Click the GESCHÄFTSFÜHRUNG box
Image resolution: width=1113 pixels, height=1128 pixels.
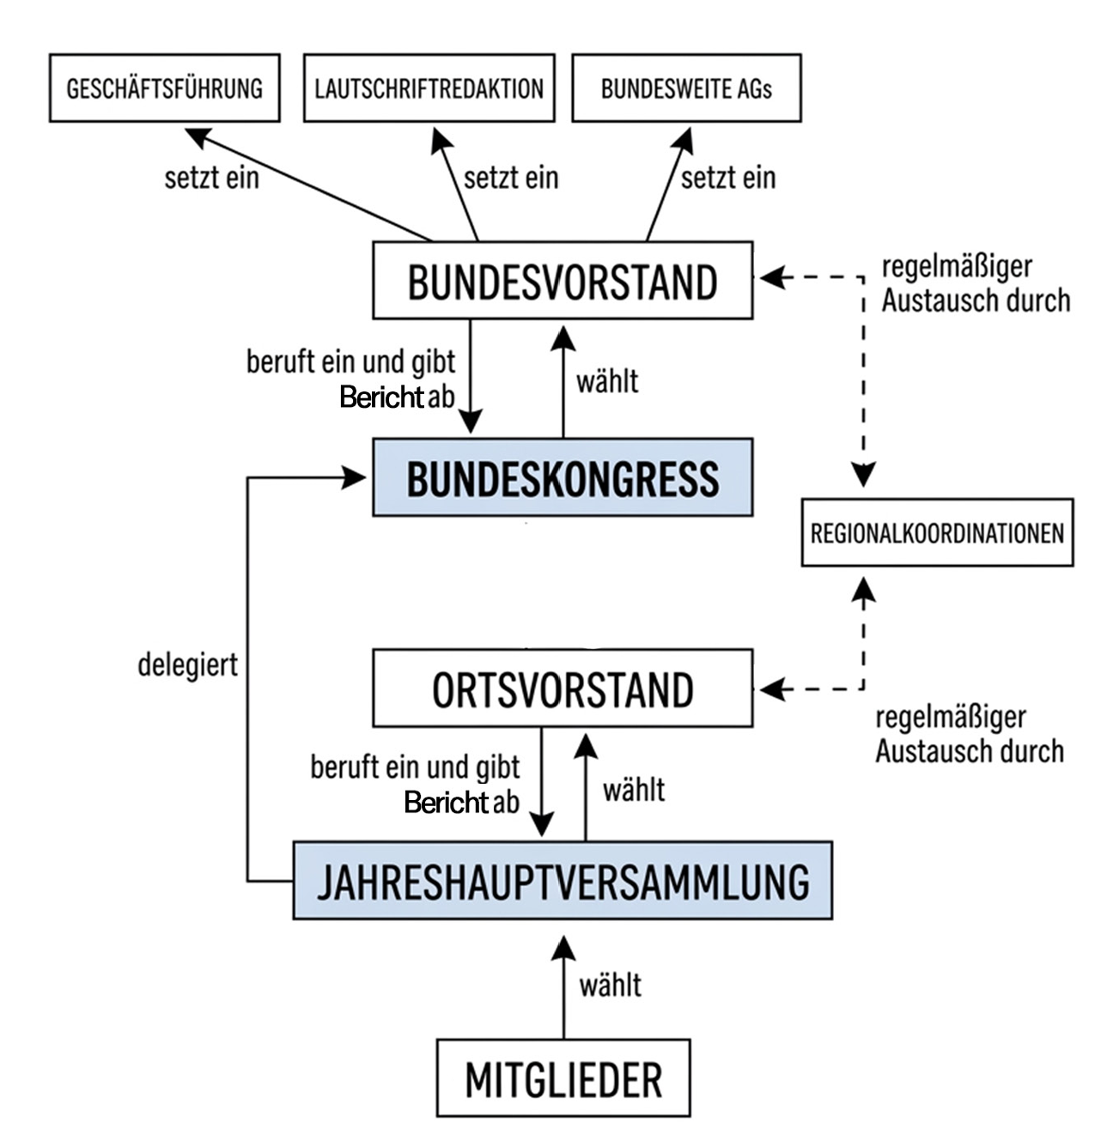(x=165, y=88)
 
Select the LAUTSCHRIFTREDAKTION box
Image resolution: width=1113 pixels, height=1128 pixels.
(x=429, y=88)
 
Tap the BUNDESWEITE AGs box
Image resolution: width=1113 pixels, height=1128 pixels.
(x=686, y=88)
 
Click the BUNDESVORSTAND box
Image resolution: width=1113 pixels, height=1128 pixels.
(x=563, y=281)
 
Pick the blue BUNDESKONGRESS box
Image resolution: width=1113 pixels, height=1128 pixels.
(x=563, y=477)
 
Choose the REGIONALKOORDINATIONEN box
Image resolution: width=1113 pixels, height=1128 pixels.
(x=937, y=533)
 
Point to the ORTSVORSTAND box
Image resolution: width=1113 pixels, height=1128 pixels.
(x=563, y=688)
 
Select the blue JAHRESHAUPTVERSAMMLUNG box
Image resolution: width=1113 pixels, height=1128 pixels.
(x=563, y=881)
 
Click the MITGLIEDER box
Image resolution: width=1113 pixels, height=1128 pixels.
(x=563, y=1078)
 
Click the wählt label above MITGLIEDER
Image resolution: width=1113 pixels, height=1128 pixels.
(x=611, y=985)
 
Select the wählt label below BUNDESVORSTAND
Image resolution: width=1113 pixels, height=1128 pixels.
(x=607, y=382)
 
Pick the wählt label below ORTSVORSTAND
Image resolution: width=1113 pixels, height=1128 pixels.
(x=634, y=790)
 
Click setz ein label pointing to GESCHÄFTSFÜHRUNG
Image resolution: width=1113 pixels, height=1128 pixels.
(x=211, y=178)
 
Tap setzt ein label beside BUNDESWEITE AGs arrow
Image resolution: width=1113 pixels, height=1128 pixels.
(x=728, y=178)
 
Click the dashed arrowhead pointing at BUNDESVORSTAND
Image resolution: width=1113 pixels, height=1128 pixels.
(x=773, y=278)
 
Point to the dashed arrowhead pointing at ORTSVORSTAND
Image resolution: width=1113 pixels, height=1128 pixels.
(x=773, y=689)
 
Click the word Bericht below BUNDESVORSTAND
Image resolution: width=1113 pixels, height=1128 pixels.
(x=381, y=397)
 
